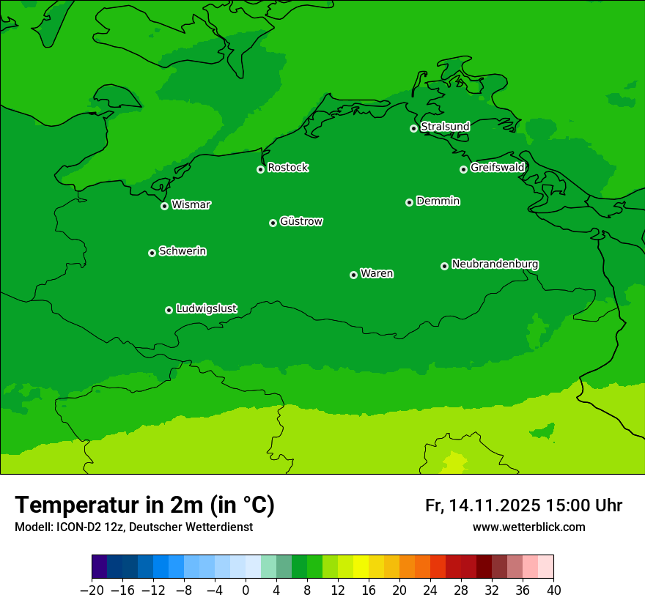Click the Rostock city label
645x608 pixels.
[x=288, y=168]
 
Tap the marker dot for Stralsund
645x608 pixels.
[x=413, y=128]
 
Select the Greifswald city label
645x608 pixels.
[x=498, y=168]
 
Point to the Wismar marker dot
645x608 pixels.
[x=165, y=206]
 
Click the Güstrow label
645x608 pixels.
[x=301, y=221]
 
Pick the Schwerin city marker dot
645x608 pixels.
[x=152, y=253]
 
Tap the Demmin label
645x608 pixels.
[x=438, y=201]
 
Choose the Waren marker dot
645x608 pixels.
[x=353, y=275]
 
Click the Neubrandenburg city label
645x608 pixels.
[x=495, y=264]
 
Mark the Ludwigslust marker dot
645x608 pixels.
[x=169, y=310]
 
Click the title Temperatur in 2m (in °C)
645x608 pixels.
[x=145, y=505]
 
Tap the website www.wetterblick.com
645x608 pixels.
[x=529, y=527]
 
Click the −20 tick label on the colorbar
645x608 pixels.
[x=92, y=590]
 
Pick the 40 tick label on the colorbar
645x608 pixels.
[x=553, y=590]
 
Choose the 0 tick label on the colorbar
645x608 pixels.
[x=246, y=590]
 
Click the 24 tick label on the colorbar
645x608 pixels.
[x=430, y=590]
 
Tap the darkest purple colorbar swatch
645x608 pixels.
[x=100, y=567]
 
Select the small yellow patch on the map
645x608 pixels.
[x=454, y=463]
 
